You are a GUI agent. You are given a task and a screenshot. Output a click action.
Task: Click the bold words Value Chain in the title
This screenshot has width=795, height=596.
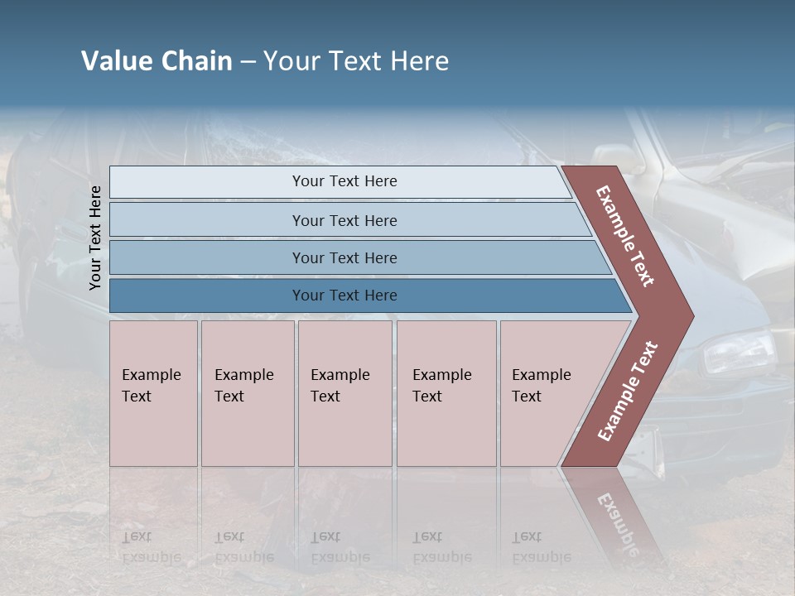click(157, 61)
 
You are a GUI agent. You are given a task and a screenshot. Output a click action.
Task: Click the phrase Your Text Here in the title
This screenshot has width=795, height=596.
click(356, 61)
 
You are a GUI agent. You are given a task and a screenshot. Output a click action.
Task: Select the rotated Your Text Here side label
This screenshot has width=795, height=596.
click(95, 238)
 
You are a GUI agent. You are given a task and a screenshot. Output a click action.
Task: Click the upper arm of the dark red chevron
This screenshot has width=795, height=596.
click(626, 236)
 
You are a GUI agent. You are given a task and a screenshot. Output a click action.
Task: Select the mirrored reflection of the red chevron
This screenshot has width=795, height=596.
click(617, 513)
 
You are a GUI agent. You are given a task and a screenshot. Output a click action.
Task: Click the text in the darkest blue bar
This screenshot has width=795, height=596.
click(344, 296)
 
